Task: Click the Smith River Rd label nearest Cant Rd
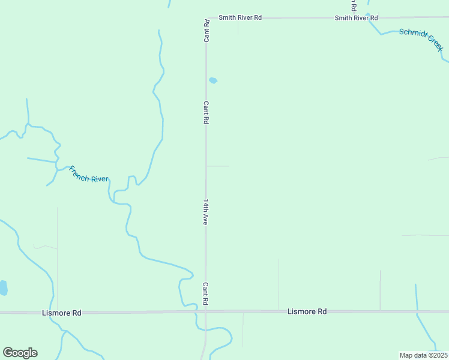tap(240, 18)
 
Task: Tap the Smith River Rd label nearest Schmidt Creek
tap(357, 18)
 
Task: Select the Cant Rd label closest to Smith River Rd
tap(206, 31)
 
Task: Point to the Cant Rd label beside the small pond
tap(206, 112)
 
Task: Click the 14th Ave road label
tap(205, 212)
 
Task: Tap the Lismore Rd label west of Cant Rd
tap(62, 313)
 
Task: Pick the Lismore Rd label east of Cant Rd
tap(307, 312)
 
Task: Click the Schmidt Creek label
tap(421, 39)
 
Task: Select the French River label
tap(88, 175)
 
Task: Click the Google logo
tap(20, 353)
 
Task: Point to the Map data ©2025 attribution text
tap(423, 355)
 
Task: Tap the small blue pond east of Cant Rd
tap(212, 80)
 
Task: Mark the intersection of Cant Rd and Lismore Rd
tap(205, 311)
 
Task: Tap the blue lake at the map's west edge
tap(3, 288)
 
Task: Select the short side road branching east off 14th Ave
tap(217, 166)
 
